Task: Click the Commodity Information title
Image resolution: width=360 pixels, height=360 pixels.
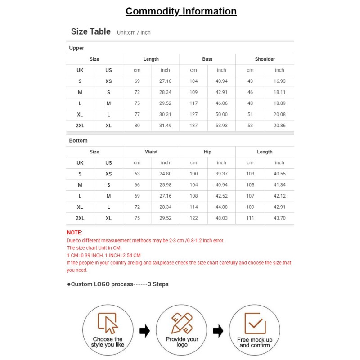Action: tap(181, 11)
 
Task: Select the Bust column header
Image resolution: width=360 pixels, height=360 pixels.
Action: tap(207, 59)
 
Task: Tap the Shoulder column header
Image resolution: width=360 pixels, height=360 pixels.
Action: tap(265, 59)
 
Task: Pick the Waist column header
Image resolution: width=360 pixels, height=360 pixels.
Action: tap(151, 152)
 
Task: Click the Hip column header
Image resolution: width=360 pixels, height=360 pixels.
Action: tap(207, 152)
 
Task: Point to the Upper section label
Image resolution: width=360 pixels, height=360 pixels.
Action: tap(76, 48)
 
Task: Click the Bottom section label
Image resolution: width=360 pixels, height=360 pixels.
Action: tap(78, 141)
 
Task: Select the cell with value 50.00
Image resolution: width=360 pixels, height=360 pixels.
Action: tap(221, 114)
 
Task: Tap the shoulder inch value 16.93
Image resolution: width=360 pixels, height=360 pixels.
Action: tap(279, 81)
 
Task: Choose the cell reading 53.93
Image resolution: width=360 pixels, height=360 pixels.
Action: tap(221, 126)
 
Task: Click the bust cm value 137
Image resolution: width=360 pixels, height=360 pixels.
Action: tap(193, 126)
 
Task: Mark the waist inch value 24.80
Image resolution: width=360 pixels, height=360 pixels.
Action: tap(166, 174)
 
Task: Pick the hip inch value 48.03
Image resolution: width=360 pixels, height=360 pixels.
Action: tap(221, 218)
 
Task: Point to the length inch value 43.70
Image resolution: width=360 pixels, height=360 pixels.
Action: tap(279, 218)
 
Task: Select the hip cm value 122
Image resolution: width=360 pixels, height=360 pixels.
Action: tap(193, 218)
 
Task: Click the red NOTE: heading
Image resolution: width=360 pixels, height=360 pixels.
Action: tap(75, 233)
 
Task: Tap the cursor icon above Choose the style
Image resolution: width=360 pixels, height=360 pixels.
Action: tap(108, 323)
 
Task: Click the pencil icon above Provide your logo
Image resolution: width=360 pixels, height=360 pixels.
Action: tap(182, 323)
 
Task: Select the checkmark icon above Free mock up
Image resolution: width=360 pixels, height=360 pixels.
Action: tap(255, 323)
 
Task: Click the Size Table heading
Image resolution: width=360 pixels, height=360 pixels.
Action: tap(90, 31)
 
